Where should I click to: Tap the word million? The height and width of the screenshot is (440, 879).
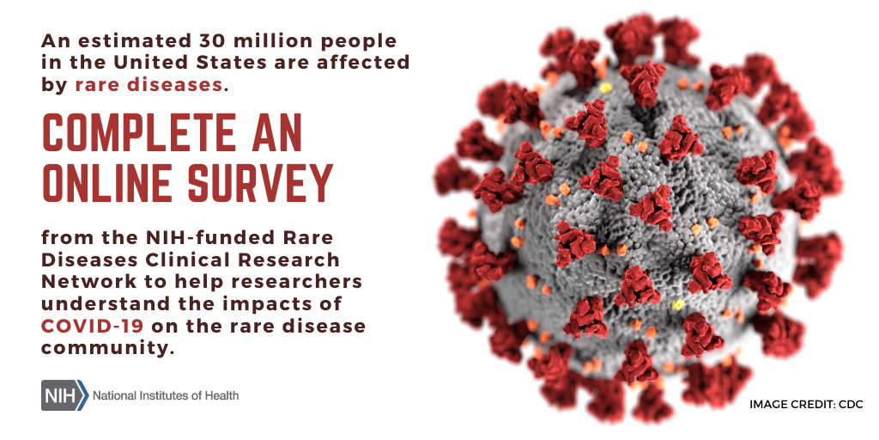pos(264,41)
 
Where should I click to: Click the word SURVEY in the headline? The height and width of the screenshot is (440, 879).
pos(261,183)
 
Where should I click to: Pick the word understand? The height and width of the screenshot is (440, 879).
pos(94,303)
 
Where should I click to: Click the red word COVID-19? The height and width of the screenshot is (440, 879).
pos(92,326)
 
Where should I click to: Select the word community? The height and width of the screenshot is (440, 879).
pos(105,347)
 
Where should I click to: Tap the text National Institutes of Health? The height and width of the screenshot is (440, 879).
pos(166,395)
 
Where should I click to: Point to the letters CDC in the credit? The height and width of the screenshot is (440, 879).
pos(851,404)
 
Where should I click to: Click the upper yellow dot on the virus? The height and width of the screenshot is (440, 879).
pos(605,89)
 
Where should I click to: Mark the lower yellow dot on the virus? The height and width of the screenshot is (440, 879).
pos(678,304)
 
